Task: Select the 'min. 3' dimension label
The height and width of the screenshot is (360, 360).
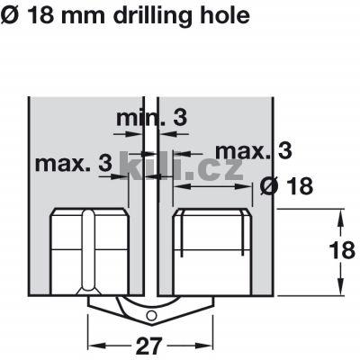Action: click(x=151, y=118)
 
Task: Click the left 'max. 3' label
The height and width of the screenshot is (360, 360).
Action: click(x=74, y=163)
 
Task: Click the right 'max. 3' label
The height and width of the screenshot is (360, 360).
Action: click(x=254, y=150)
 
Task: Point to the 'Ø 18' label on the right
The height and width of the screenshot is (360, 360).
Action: click(x=286, y=186)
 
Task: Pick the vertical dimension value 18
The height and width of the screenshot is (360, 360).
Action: click(x=342, y=250)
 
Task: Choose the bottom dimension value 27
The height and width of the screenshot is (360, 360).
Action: click(x=149, y=346)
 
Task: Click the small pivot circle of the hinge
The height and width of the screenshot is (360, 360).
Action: click(x=151, y=316)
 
